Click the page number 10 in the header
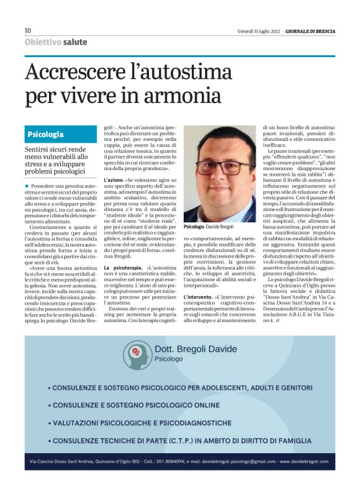pyautogui.click(x=28, y=30)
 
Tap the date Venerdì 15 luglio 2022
pyautogui.click(x=258, y=30)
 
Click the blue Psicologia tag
pyautogui.click(x=45, y=134)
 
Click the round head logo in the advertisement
pyautogui.click(x=133, y=353)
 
